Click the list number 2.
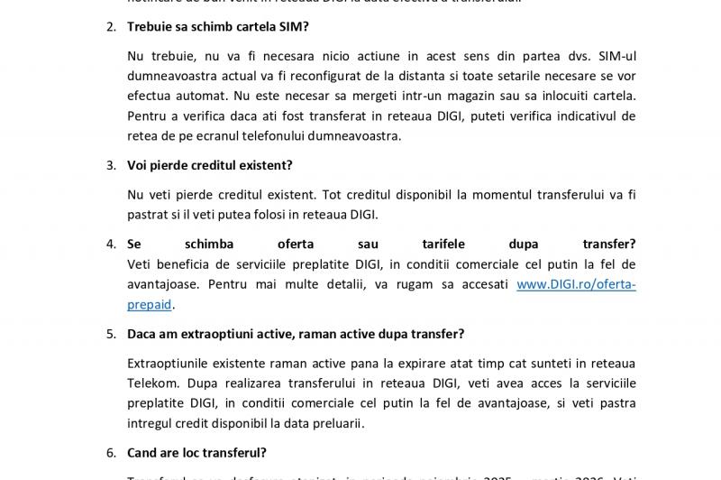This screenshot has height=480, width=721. coord(111,27)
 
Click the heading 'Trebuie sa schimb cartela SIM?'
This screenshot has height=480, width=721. coord(217,27)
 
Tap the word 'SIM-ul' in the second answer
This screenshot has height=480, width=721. coord(616,56)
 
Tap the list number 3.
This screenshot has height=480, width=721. coord(111,166)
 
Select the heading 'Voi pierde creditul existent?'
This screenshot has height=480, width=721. coord(209,166)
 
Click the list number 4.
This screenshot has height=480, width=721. coord(111,245)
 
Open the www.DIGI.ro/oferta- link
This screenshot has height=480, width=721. coord(576,284)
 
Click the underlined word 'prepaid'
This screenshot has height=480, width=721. coord(149,304)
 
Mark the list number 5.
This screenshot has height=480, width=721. coord(111,335)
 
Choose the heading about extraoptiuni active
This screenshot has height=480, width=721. coord(296,335)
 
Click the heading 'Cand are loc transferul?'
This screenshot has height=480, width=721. coord(196,453)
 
